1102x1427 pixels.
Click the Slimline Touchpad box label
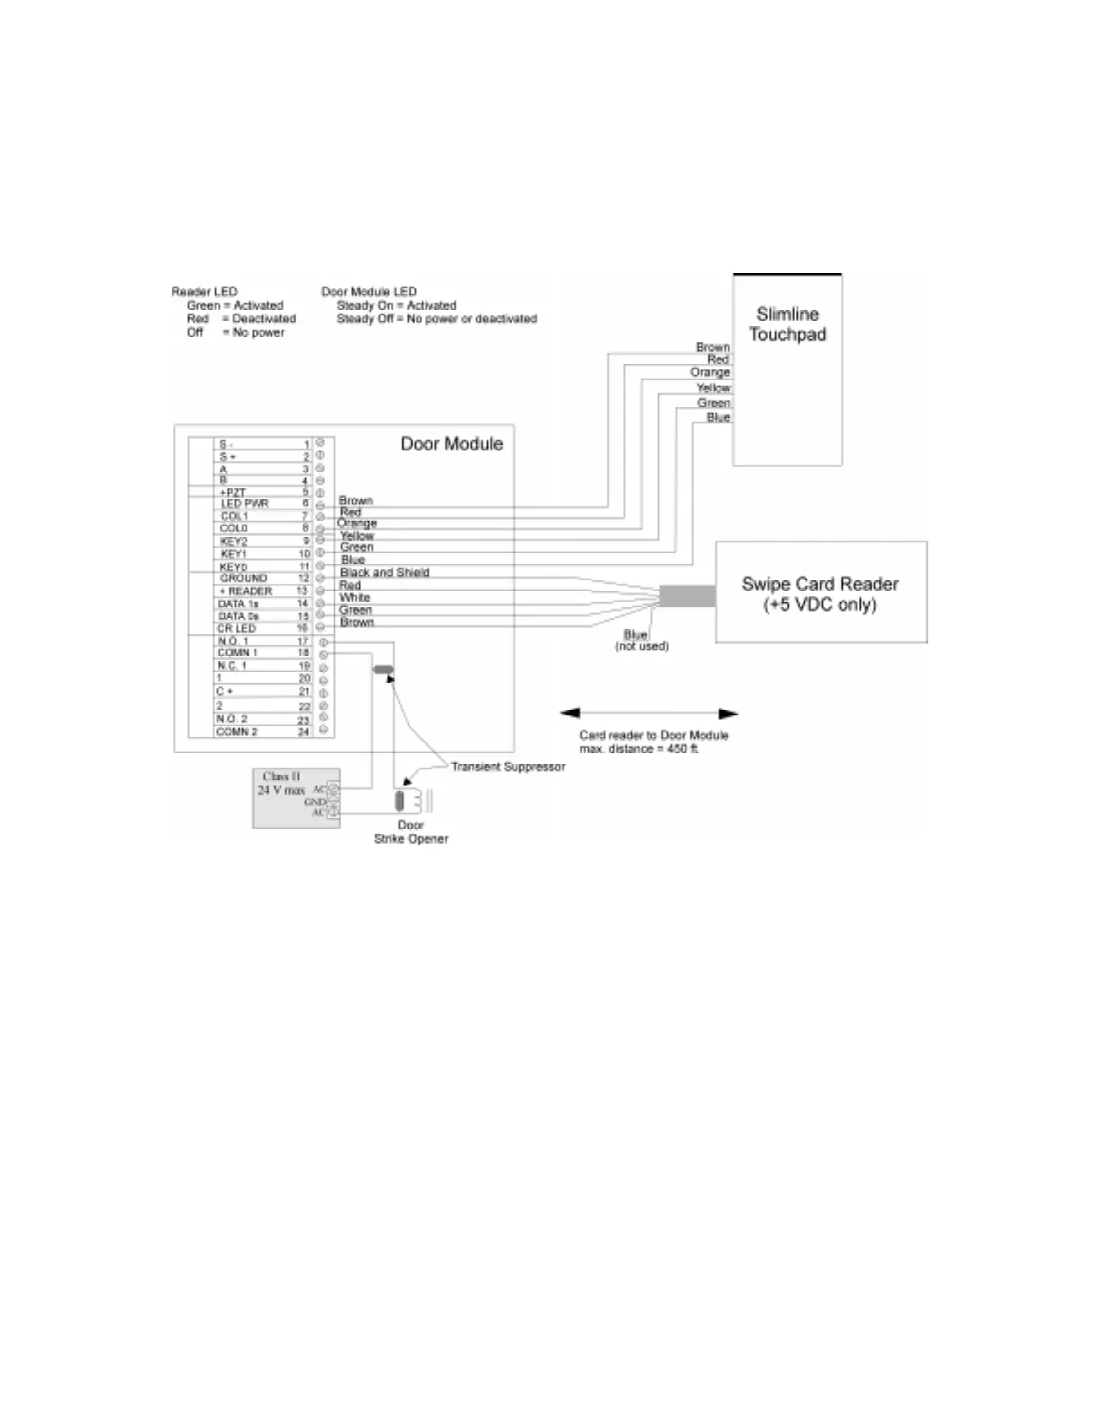(787, 324)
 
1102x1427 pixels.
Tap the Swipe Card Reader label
(819, 594)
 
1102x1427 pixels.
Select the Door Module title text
(451, 443)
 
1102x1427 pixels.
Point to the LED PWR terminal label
(244, 504)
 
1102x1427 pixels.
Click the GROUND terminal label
(243, 578)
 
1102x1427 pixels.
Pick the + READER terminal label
(246, 591)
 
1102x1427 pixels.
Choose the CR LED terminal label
(237, 628)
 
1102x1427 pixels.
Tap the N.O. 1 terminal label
(232, 641)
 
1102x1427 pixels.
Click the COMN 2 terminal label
(236, 732)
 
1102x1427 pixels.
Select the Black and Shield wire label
(384, 572)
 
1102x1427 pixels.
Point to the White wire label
(355, 597)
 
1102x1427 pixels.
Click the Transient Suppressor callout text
(508, 767)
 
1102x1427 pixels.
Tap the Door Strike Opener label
(411, 832)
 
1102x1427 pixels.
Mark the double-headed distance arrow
(648, 713)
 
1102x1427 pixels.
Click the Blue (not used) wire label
(641, 641)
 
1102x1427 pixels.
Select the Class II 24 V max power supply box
(295, 797)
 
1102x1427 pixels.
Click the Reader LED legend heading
(204, 292)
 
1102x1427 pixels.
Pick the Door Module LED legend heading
(369, 292)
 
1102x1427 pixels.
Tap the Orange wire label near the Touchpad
(709, 372)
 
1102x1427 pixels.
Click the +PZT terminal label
(232, 492)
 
